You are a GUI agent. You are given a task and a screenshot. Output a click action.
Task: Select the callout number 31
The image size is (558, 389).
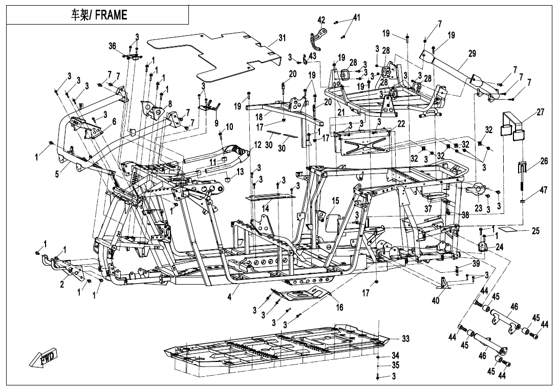tap(282, 38)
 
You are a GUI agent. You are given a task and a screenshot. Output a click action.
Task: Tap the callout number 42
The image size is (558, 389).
tap(321, 20)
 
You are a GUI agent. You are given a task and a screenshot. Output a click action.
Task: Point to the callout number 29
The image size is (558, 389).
tap(472, 54)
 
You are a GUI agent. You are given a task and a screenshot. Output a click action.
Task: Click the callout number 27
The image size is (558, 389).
tap(541, 112)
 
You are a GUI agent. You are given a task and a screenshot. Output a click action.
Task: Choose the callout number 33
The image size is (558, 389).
tap(405, 338)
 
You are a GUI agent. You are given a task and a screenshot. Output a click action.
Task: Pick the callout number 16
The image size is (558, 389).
tap(339, 307)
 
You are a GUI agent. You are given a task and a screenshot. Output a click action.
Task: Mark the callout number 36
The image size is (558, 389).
tap(113, 46)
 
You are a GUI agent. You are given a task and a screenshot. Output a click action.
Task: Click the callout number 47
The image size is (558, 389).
tap(543, 190)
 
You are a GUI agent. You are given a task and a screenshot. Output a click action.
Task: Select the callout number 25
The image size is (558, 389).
tap(536, 231)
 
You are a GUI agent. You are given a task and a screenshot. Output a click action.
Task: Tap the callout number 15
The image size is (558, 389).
tap(336, 201)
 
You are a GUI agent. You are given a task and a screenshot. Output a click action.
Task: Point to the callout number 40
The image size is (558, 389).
tap(436, 300)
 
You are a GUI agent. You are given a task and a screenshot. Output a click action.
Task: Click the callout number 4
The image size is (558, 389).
tap(230, 296)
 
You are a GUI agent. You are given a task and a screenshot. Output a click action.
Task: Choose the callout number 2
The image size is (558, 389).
tap(62, 284)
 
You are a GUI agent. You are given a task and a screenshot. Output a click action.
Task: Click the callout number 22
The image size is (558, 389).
tap(401, 123)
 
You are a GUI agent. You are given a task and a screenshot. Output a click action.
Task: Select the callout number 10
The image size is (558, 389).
tap(229, 126)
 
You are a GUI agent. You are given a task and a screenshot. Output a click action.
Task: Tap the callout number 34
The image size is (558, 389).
tap(396, 355)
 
